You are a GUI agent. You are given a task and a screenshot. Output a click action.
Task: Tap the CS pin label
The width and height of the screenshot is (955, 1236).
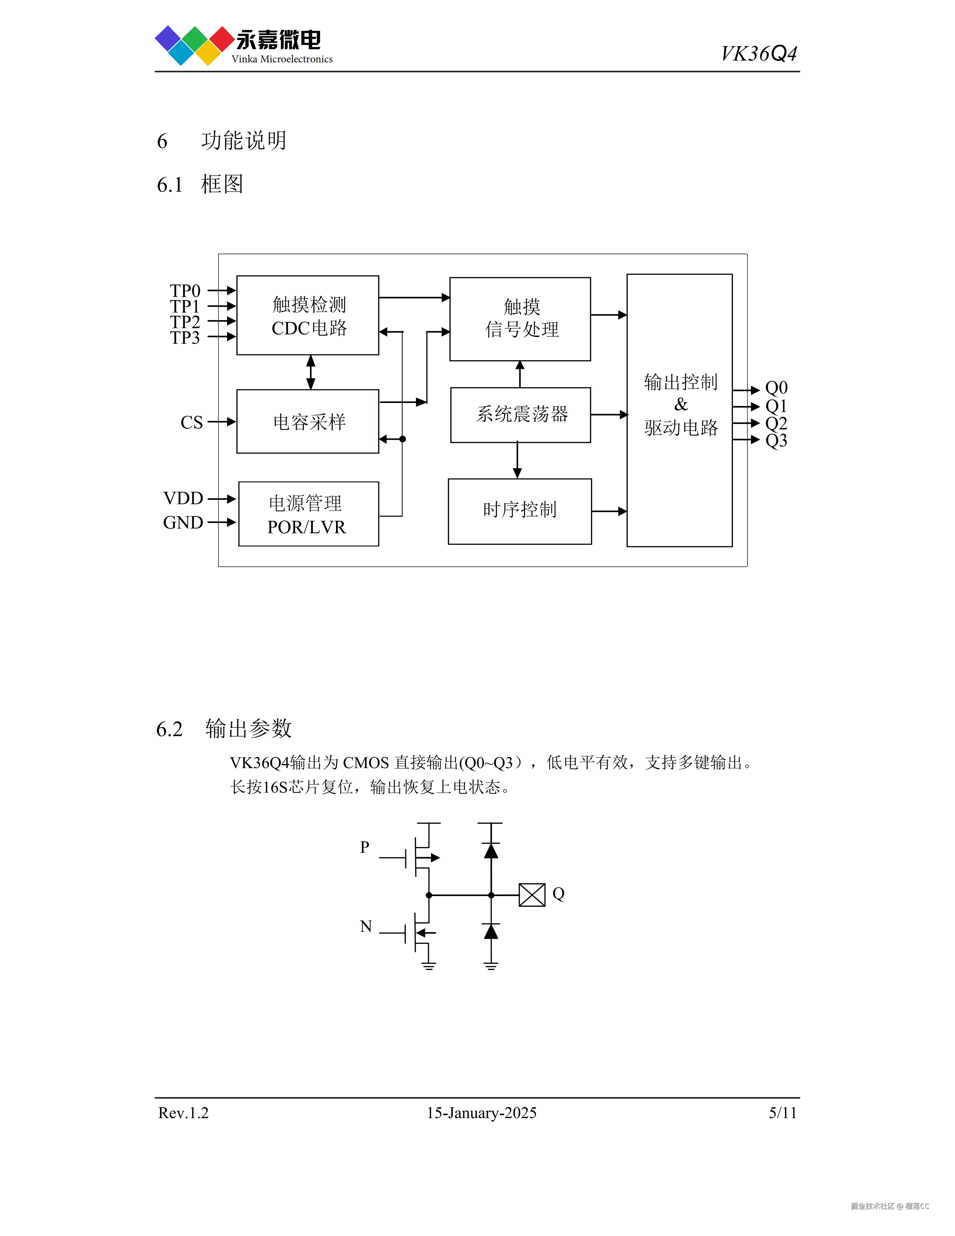tap(191, 422)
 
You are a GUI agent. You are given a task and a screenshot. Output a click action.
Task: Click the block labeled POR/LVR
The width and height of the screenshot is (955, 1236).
tap(308, 514)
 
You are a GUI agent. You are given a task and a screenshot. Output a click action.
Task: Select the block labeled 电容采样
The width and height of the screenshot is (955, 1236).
tap(308, 422)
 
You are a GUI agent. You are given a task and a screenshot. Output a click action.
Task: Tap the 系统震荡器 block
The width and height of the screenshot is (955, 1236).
tap(521, 415)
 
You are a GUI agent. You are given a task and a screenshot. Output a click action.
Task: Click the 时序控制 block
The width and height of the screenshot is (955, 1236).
tap(519, 511)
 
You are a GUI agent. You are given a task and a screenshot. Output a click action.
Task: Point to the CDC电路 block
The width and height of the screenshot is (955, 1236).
tap(308, 315)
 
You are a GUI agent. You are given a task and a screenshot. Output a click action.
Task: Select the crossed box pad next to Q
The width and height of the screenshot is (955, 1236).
tap(532, 895)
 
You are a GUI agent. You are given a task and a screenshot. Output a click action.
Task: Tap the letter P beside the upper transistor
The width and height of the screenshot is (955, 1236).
tap(365, 847)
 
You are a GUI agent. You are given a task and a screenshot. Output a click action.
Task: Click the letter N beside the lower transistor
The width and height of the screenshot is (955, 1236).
tap(366, 926)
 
